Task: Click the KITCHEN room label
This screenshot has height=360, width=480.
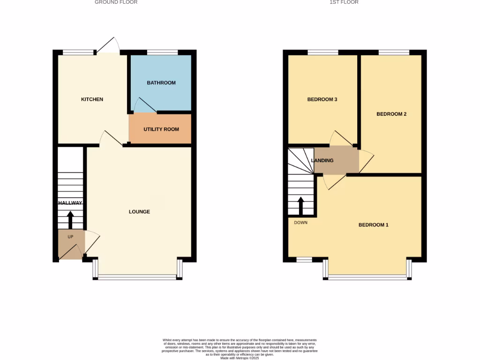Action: point(92,99)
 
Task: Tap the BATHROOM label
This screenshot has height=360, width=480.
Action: point(161,83)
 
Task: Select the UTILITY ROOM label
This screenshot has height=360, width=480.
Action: point(161,129)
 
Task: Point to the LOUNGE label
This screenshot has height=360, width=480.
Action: point(139,212)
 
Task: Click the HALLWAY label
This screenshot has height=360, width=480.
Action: point(70,203)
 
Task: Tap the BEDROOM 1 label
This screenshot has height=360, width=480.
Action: point(373,225)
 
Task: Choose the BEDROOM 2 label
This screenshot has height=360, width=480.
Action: point(391,114)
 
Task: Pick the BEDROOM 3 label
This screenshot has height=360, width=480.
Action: point(322,99)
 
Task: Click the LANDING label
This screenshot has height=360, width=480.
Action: point(322,160)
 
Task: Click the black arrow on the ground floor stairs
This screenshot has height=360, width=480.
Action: point(70,220)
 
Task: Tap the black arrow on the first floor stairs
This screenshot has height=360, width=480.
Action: point(300,205)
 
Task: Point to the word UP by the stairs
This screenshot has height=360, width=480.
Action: point(70,237)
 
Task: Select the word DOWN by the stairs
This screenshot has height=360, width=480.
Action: point(300,223)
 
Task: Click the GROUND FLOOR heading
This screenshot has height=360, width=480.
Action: point(116,2)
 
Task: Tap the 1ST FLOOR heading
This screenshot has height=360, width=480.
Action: point(344,2)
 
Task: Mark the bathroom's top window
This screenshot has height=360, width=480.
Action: point(163,52)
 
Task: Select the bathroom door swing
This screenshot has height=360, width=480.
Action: point(143,106)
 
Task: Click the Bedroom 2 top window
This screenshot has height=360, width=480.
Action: point(394,52)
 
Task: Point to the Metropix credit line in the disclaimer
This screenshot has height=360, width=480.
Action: point(240,358)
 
